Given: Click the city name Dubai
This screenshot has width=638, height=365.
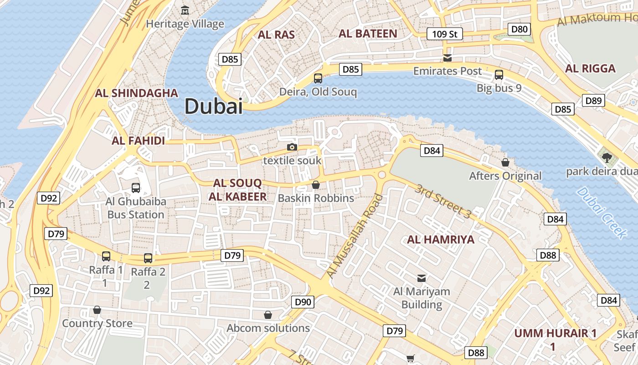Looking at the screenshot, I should pyautogui.click(x=213, y=106).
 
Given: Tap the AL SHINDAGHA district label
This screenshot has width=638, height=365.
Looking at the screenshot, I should pyautogui.click(x=136, y=93).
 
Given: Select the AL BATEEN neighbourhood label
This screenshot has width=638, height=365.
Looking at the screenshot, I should pyautogui.click(x=368, y=33).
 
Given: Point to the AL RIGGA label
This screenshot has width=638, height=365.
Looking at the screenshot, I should pyautogui.click(x=590, y=68).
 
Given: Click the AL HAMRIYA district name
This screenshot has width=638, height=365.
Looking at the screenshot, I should pyautogui.click(x=441, y=240).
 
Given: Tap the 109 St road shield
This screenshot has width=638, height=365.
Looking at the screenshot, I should pyautogui.click(x=444, y=34).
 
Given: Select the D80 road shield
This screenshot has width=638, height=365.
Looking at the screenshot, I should pyautogui.click(x=519, y=30).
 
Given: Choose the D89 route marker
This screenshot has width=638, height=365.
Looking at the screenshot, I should pyautogui.click(x=593, y=101).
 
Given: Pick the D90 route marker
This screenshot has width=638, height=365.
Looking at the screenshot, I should pyautogui.click(x=303, y=302).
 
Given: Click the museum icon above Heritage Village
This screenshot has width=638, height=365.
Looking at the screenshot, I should pyautogui.click(x=185, y=10).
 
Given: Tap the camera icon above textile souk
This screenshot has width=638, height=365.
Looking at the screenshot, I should pyautogui.click(x=292, y=147).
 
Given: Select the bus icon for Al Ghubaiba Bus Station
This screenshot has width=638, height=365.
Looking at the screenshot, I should pyautogui.click(x=135, y=188).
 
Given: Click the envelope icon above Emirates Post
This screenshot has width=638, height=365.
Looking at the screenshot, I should pyautogui.click(x=448, y=57).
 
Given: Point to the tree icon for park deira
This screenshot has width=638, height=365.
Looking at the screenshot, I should pyautogui.click(x=607, y=158).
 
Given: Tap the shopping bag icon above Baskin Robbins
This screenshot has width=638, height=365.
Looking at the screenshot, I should pyautogui.click(x=315, y=185).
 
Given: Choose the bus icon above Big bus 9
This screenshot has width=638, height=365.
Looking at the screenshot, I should pyautogui.click(x=499, y=74).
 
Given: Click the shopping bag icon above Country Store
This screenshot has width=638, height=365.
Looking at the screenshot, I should pyautogui.click(x=97, y=310).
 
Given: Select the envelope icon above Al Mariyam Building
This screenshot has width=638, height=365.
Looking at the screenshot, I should pyautogui.click(x=422, y=277).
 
